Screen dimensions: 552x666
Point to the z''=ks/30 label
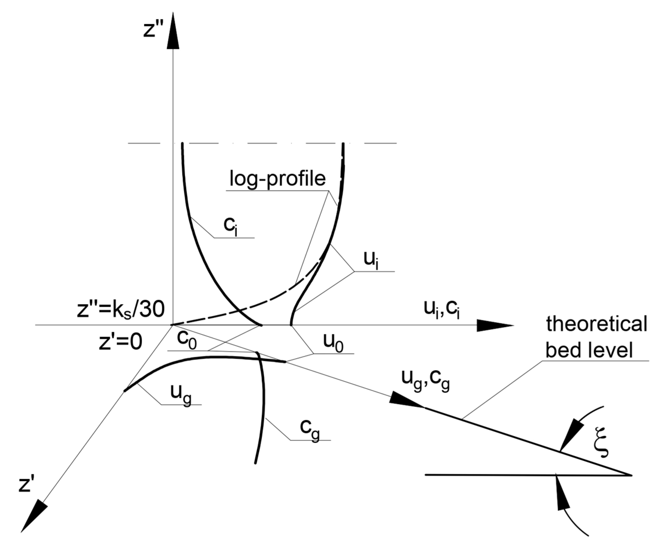[x=121, y=310]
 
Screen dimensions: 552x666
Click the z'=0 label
[x=120, y=342]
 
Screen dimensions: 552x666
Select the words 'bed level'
[x=589, y=350]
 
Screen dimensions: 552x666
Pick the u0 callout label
[x=333, y=343]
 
